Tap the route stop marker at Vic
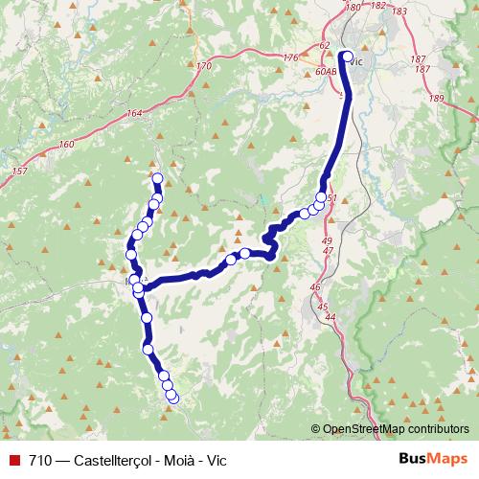click(x=347, y=56)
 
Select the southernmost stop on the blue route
click(x=173, y=398)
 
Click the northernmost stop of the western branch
click(x=157, y=178)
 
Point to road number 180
click(x=352, y=7)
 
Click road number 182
click(x=377, y=6)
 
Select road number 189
click(x=437, y=99)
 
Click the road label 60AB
click(x=326, y=72)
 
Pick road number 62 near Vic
click(x=324, y=46)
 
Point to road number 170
click(x=203, y=66)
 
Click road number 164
click(x=133, y=114)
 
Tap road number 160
click(x=65, y=145)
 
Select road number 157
click(x=19, y=171)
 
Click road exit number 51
click(x=332, y=198)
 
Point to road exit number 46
click(x=315, y=286)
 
